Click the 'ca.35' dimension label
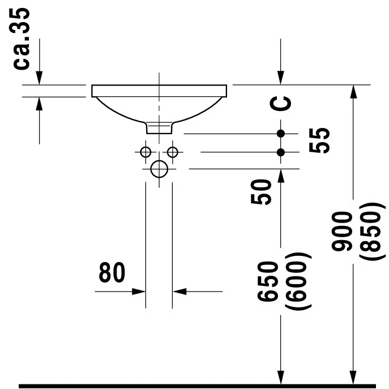[x=21, y=39]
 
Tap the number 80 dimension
[x=112, y=272]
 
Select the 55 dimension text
[x=319, y=140]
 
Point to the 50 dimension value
[x=261, y=192]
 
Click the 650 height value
[x=268, y=281]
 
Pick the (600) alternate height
[x=298, y=281]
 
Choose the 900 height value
[x=342, y=231]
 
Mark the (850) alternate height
[x=373, y=231]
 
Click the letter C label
[x=280, y=103]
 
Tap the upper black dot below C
[x=281, y=134]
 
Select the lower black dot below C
[x=281, y=152]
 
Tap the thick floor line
[x=197, y=386]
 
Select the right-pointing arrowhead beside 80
[x=139, y=292]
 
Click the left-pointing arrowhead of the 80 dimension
[x=179, y=292]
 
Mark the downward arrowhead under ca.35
[x=39, y=78]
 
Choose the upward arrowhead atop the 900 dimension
[x=353, y=92]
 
